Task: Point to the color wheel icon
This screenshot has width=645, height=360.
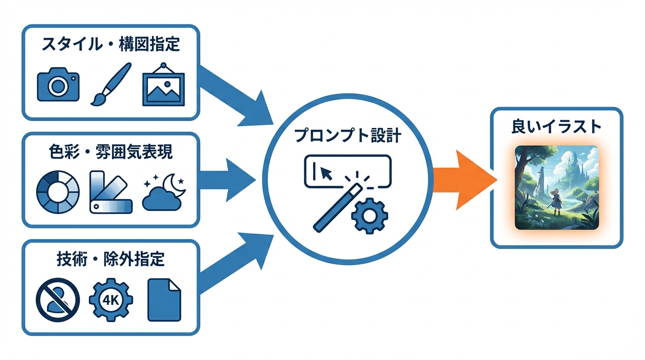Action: pyautogui.click(x=58, y=192)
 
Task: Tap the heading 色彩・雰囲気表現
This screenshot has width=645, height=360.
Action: pyautogui.click(x=111, y=152)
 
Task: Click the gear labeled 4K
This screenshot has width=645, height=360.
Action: pyautogui.click(x=111, y=300)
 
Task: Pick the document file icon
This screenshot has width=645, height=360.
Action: pyautogui.click(x=164, y=300)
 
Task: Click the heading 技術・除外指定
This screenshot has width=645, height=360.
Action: pyautogui.click(x=111, y=259)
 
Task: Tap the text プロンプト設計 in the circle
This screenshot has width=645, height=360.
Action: pyautogui.click(x=347, y=135)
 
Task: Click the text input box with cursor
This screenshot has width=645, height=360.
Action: pyautogui.click(x=347, y=171)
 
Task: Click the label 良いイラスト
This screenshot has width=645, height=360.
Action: pyautogui.click(x=556, y=127)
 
